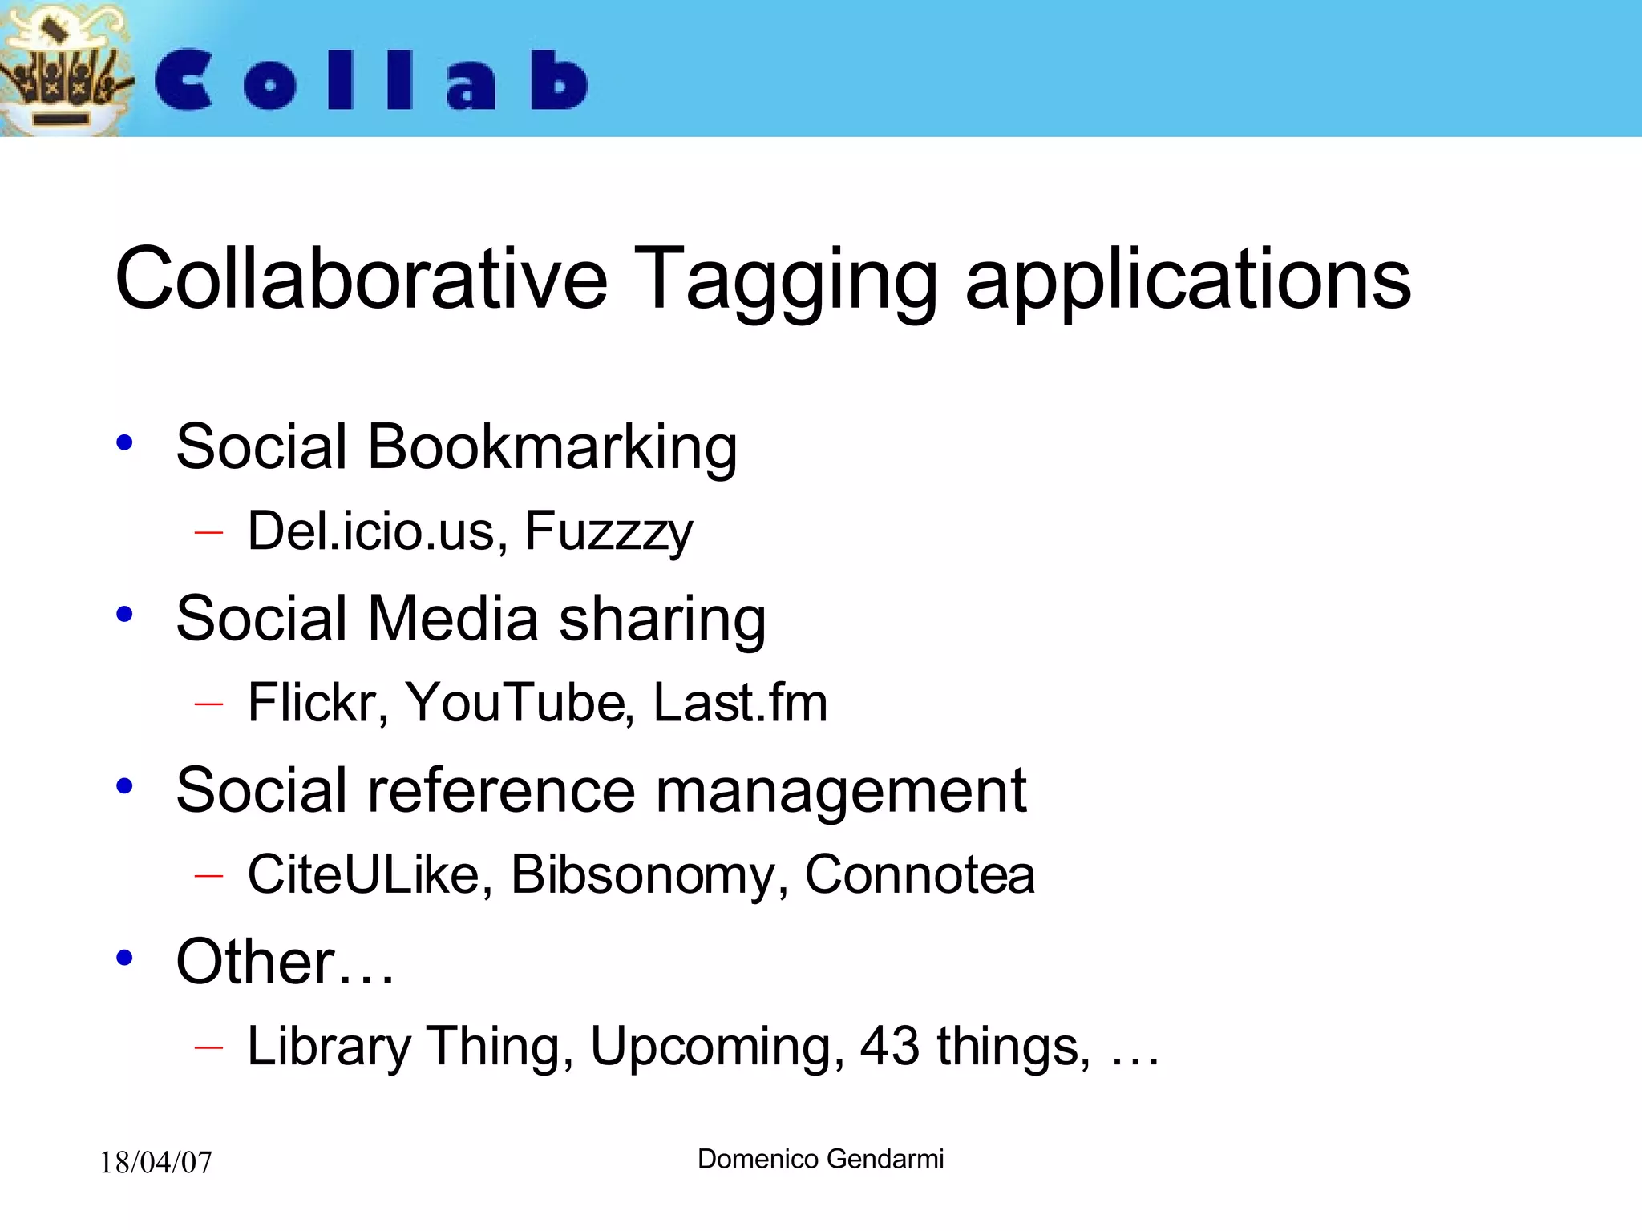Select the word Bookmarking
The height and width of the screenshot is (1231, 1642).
[x=552, y=447]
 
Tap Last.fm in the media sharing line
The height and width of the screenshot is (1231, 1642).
[x=740, y=703]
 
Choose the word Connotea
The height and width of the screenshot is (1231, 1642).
[x=920, y=874]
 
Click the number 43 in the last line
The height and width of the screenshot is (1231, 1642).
[x=889, y=1046]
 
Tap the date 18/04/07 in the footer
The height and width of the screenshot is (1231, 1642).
[x=156, y=1163]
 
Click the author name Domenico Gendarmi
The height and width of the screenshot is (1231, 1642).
[x=820, y=1159]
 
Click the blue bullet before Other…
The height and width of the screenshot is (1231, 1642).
[x=124, y=958]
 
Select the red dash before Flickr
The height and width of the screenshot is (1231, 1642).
[x=208, y=704]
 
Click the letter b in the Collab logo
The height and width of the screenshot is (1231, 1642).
[x=559, y=80]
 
